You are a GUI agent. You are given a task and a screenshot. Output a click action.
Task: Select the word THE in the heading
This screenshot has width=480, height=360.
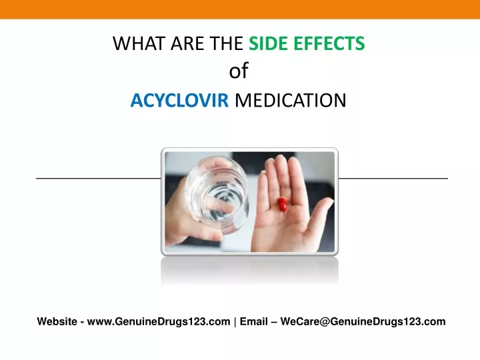[226, 43]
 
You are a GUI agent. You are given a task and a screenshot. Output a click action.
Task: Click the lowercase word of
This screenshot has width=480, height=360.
[239, 71]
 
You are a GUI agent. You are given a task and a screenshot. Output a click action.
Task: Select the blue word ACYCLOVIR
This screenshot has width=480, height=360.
[180, 100]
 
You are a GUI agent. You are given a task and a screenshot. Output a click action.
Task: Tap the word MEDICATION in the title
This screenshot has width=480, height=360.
[291, 100]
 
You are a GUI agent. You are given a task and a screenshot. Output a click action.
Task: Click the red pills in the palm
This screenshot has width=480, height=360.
[282, 204]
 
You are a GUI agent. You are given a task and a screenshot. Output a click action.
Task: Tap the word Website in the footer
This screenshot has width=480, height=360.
[57, 321]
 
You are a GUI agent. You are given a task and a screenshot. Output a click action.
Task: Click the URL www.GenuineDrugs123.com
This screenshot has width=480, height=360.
[159, 321]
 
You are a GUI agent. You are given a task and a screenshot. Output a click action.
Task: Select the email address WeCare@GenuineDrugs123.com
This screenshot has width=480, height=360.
[363, 321]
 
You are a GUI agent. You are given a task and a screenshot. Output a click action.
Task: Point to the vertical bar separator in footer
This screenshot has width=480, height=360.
[235, 322]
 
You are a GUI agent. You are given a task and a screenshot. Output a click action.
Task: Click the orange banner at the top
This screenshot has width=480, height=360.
[240, 9]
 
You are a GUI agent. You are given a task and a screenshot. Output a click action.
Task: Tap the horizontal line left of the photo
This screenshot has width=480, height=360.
[99, 178]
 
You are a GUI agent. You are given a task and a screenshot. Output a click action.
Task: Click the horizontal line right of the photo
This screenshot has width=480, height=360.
[393, 178]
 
